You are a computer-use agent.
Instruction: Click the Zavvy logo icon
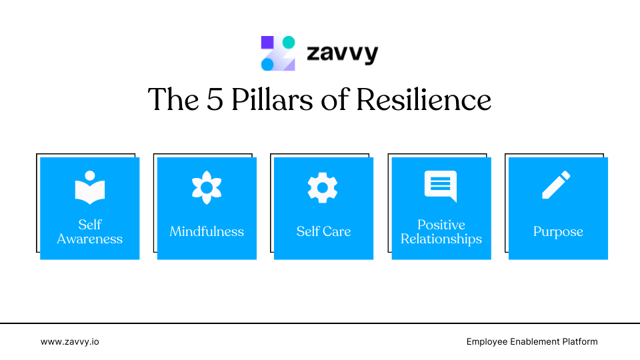[278, 53]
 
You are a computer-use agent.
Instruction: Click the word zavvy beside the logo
[342, 53]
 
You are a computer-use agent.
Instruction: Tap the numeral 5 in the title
[213, 100]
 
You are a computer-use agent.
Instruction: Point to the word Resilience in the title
[423, 100]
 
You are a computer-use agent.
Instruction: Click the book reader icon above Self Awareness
[90, 187]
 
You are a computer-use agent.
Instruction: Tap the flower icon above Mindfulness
[207, 187]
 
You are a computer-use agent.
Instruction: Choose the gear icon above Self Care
[323, 187]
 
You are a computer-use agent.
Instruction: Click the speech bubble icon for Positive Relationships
[441, 186]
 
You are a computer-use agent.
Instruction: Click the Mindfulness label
[207, 232]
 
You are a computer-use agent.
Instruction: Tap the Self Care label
[323, 232]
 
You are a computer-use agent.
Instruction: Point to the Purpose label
[558, 232]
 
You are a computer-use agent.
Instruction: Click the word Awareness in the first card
[90, 239]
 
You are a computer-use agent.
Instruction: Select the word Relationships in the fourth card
[441, 239]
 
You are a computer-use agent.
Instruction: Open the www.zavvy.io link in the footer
[70, 341]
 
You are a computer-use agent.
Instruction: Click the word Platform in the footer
[578, 341]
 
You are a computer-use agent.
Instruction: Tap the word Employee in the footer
[488, 341]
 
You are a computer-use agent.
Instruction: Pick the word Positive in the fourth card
[441, 225]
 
